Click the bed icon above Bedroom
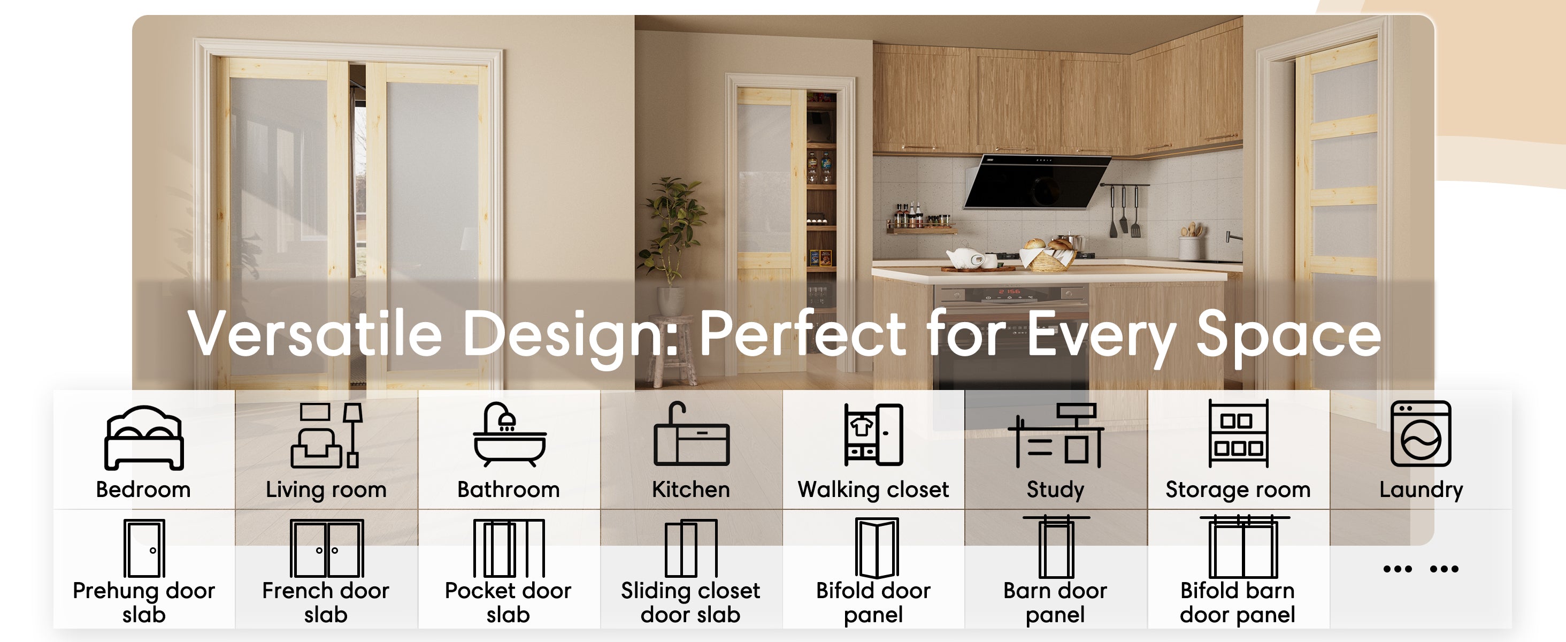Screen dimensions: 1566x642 144,438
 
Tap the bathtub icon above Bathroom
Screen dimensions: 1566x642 510,434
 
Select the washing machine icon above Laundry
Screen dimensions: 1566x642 1421,434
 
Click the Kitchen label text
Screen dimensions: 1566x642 690,490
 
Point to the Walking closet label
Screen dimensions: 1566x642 873,490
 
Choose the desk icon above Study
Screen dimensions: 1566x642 1055,435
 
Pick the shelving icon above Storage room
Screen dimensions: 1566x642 1238,433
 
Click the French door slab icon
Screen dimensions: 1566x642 327,548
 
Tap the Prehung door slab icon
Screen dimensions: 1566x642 144,548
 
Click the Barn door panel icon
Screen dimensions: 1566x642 1056,547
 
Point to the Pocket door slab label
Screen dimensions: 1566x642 508,602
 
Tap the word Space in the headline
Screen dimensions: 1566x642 1289,336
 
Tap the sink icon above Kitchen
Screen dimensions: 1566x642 691,433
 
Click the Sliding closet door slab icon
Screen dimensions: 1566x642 691,548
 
